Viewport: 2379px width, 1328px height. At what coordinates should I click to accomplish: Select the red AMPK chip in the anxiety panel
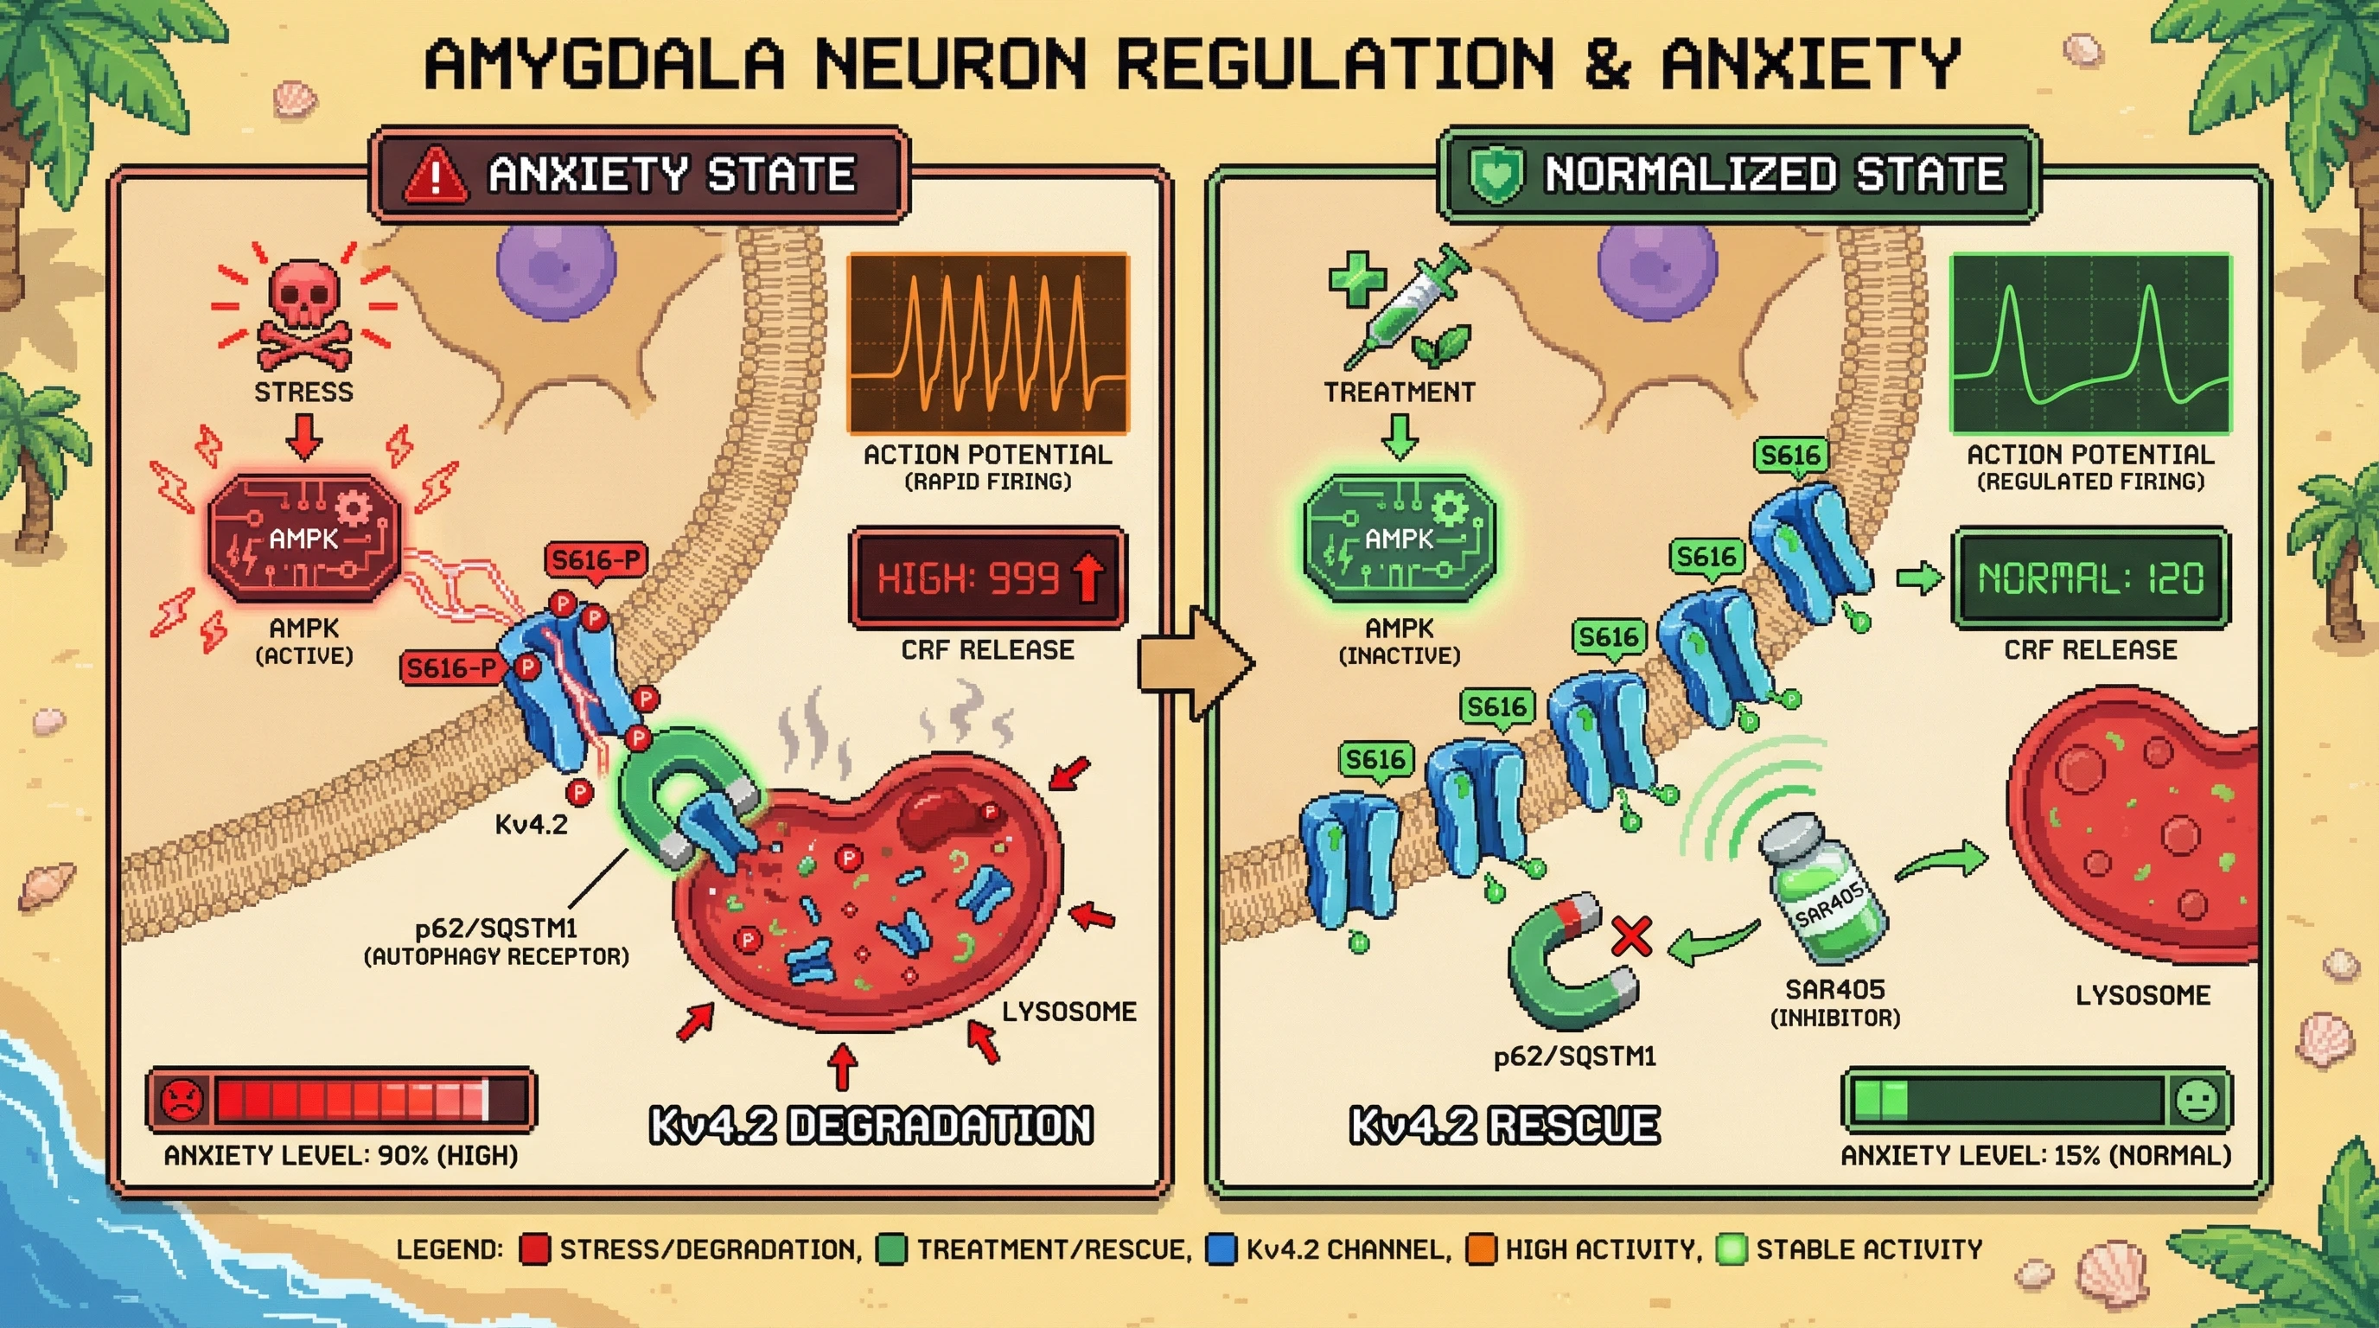click(x=303, y=539)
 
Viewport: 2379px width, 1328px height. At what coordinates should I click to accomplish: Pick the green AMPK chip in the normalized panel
click(x=1400, y=539)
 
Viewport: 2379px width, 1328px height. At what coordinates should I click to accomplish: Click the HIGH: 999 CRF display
click(x=987, y=579)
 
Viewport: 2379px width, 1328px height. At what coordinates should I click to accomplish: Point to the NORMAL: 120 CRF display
click(x=2090, y=579)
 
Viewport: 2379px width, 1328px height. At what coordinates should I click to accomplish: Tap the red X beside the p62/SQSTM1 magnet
click(x=1632, y=936)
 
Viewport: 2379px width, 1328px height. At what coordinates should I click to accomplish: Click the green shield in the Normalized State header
click(x=1496, y=176)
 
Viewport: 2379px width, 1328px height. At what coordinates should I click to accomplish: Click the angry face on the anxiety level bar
click(x=181, y=1099)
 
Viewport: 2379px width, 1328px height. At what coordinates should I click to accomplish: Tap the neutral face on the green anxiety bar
click(x=2197, y=1099)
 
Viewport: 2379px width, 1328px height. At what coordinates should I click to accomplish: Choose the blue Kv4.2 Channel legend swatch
click(x=1221, y=1249)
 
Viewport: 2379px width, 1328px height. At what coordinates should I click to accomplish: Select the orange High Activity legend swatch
click(x=1481, y=1249)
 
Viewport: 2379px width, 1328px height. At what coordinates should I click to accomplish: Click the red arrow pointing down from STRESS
click(x=303, y=436)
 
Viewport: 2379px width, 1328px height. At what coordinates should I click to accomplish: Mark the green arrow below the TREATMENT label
click(x=1400, y=436)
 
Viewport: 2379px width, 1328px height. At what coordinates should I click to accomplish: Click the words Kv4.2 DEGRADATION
click(x=871, y=1126)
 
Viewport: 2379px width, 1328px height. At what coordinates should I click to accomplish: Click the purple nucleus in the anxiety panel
click(x=556, y=263)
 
